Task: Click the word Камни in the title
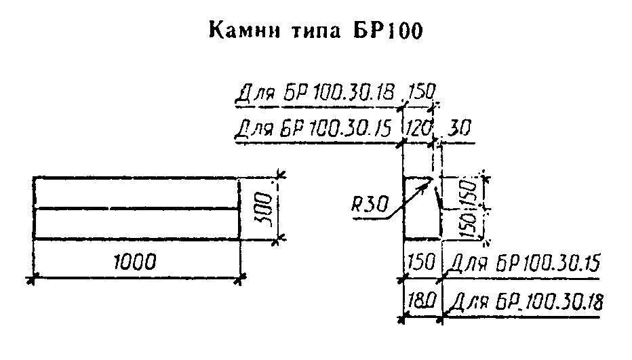(241, 31)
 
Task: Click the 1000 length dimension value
(135, 262)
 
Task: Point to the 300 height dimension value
(266, 207)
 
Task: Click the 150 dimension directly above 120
(420, 92)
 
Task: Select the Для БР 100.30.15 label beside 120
(316, 127)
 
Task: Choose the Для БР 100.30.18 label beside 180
(526, 301)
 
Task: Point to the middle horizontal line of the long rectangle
(136, 208)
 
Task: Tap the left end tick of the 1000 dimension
(32, 277)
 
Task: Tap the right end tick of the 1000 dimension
(241, 277)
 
